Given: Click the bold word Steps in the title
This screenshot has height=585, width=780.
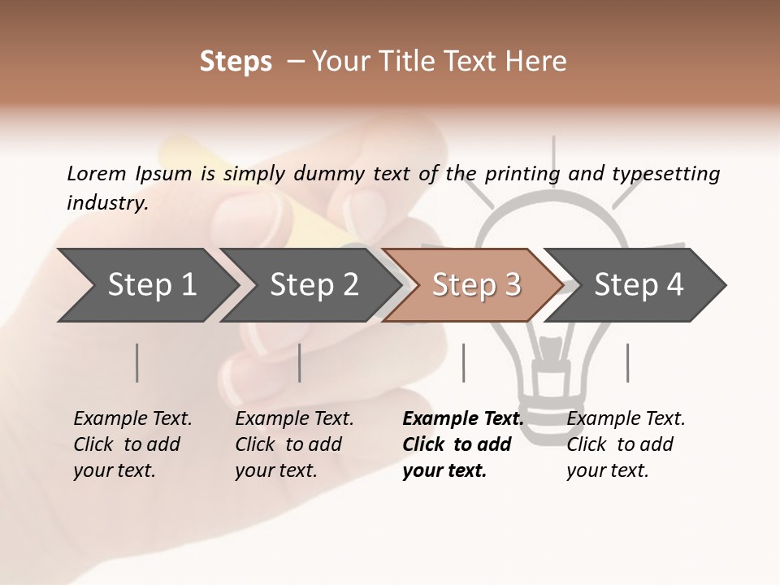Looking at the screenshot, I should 236,62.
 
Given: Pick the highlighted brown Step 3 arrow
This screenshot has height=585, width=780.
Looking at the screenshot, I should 475,285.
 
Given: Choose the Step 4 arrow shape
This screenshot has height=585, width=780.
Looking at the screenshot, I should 638,285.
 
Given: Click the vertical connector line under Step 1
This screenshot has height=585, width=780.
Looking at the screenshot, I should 136,362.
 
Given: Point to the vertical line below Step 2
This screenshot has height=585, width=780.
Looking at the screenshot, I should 300,362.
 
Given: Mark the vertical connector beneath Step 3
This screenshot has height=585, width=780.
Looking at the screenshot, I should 463,362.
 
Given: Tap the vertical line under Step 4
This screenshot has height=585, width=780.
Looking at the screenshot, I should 627,362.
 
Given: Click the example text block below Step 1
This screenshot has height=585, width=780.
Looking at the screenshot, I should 132,444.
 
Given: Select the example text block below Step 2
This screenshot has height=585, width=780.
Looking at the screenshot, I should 294,444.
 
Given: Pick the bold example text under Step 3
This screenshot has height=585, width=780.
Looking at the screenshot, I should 462,444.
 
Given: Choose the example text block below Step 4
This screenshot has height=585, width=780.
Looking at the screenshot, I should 626,444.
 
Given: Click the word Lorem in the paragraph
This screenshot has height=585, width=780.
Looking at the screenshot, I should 96,173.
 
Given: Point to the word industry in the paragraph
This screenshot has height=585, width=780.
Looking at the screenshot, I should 106,202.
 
